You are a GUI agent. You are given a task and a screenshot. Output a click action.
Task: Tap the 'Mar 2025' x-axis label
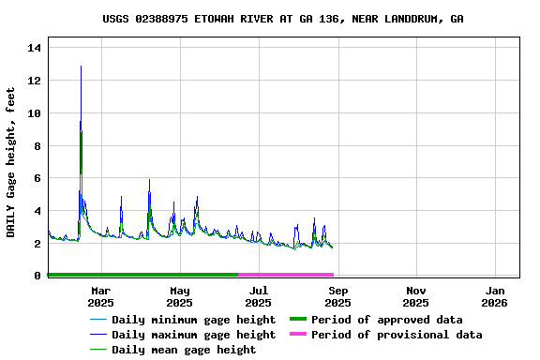(100, 296)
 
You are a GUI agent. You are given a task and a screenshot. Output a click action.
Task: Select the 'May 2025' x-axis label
(179, 296)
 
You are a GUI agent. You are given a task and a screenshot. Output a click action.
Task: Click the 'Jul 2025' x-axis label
(259, 296)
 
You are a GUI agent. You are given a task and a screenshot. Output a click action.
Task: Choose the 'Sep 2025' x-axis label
(338, 296)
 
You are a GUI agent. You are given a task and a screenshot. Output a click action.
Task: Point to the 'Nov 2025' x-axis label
(415, 296)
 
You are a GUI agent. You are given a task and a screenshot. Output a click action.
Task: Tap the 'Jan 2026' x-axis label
(494, 296)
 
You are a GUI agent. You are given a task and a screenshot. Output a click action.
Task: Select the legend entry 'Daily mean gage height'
(183, 350)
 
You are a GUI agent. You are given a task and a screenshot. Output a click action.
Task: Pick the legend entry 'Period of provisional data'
(397, 335)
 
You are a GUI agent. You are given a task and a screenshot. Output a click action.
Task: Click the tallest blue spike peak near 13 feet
(81, 67)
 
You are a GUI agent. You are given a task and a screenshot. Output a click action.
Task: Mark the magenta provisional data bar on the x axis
(285, 275)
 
